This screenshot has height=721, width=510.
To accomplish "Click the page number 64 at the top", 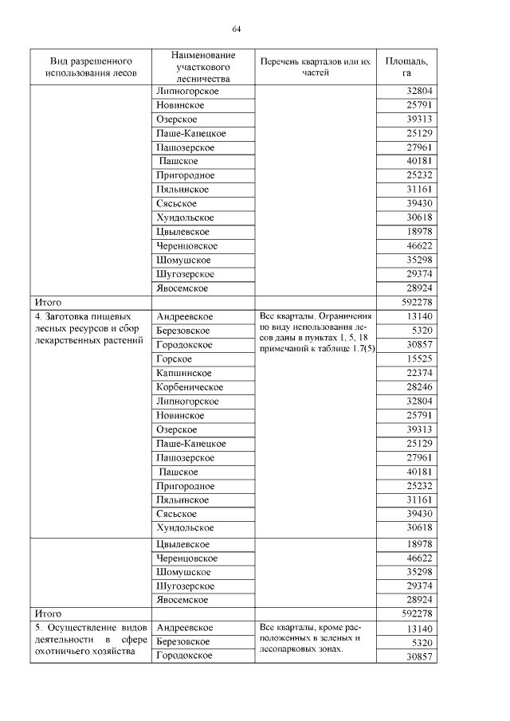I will pos(237,29).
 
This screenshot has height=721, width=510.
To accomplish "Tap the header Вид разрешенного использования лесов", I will pos(91,66).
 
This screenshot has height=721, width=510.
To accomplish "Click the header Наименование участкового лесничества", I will pos(203,66).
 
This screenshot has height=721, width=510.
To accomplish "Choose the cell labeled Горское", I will pos(173,359).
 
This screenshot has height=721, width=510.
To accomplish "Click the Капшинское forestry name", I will pos(184,373).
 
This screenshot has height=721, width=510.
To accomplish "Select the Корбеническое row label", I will pos(190,387).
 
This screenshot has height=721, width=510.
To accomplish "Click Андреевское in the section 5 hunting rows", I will pos(184,628).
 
